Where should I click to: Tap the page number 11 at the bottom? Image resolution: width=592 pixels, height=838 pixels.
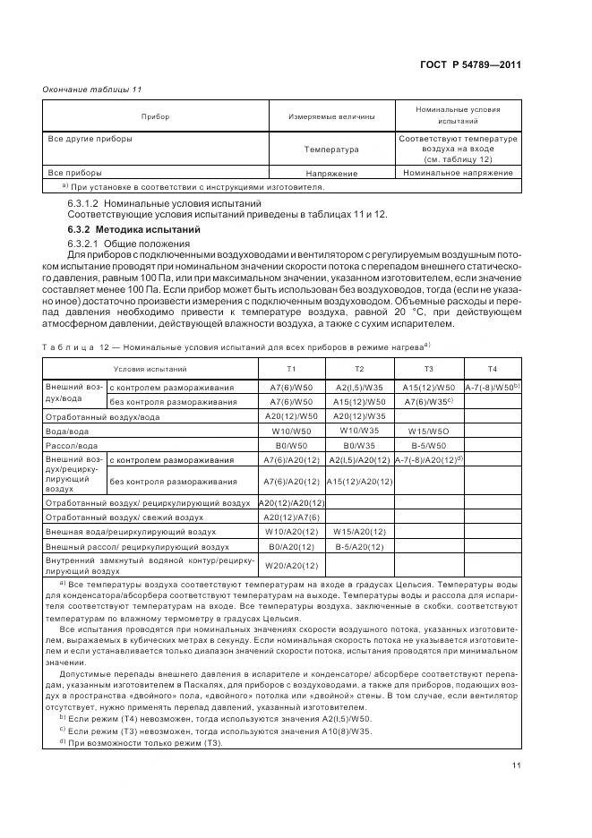point(516,765)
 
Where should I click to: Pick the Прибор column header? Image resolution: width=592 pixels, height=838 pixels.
point(155,117)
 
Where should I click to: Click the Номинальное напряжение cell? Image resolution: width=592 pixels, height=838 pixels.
point(459,173)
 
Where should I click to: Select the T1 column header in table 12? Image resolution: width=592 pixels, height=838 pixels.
point(291,369)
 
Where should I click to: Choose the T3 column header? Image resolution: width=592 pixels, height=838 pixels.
point(428,369)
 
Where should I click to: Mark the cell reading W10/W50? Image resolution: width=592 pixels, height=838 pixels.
point(291,431)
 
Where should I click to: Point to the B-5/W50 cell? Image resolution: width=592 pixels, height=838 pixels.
point(428,445)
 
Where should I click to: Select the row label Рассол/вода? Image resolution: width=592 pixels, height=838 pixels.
point(72,445)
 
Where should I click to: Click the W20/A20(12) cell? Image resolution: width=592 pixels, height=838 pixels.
point(291,565)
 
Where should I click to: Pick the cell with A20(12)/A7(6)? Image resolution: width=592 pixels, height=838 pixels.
point(291,517)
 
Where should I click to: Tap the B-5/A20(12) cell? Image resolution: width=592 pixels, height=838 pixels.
point(358,545)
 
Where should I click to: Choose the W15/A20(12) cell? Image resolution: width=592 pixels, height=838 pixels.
point(358,531)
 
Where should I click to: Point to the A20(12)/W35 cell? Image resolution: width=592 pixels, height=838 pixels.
point(358,416)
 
